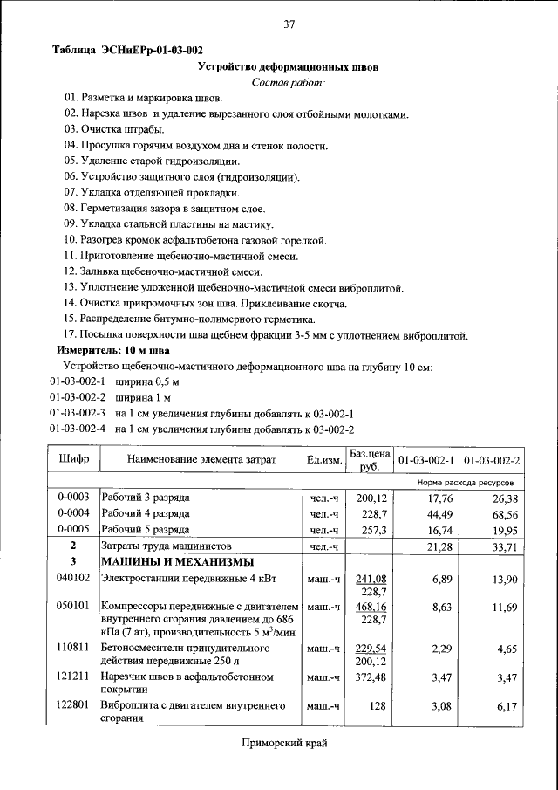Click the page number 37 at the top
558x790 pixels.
click(x=289, y=24)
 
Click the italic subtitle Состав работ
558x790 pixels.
click(x=288, y=82)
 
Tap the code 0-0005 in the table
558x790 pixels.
click(x=73, y=530)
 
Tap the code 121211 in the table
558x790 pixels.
click(x=73, y=677)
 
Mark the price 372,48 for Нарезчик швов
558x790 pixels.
click(x=371, y=677)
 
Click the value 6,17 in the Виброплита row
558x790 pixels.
click(x=507, y=707)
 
